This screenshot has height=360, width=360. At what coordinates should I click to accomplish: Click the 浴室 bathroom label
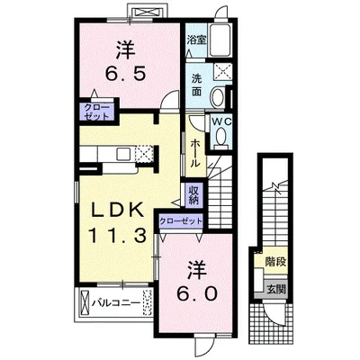coord(197,40)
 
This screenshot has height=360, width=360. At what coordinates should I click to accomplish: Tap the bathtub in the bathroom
coord(220,40)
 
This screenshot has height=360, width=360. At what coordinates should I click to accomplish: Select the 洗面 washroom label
coord(197,85)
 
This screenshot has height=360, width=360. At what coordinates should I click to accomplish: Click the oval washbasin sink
coord(218,97)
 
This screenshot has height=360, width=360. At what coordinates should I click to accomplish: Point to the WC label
coord(222,121)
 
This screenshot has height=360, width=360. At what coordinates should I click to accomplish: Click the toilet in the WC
coord(221,138)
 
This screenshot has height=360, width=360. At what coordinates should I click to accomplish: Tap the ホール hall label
coord(195,153)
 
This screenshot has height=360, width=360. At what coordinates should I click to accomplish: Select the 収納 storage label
coord(193,194)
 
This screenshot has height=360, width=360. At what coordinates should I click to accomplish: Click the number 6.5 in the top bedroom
coord(126,73)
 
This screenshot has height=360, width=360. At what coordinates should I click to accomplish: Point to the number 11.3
coord(117,236)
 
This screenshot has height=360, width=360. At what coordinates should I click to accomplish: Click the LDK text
coord(117,211)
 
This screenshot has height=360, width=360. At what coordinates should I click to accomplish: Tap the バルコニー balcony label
coord(116,303)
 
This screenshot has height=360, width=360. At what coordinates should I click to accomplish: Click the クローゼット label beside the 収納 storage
coord(181,221)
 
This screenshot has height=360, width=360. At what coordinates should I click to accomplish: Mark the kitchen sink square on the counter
coord(124,154)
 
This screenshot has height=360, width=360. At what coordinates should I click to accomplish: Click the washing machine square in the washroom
coord(222,72)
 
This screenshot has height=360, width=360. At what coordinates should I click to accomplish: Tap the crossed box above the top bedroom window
coord(148,13)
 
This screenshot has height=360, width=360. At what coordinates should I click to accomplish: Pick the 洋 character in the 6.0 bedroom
coord(197,269)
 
